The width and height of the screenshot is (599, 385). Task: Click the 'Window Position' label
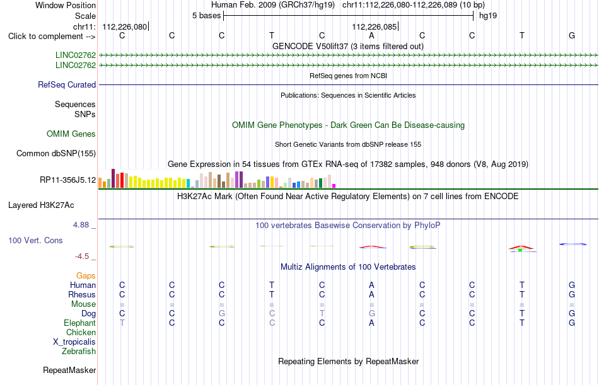[x=66, y=5]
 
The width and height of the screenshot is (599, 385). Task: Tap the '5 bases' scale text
[x=206, y=16]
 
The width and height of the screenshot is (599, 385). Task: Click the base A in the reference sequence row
[x=371, y=35]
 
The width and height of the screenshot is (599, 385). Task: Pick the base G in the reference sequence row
[x=572, y=35]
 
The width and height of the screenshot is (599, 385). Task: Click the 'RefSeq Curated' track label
[x=67, y=85]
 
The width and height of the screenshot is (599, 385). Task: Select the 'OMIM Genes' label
[x=71, y=134]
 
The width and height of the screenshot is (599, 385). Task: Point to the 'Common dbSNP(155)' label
[x=56, y=154]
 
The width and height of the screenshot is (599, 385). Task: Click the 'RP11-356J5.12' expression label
[x=68, y=180]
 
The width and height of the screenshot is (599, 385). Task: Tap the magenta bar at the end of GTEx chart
[x=334, y=186]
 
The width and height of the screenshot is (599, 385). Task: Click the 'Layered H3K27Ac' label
[x=41, y=205]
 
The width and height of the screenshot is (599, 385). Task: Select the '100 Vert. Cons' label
[x=35, y=241]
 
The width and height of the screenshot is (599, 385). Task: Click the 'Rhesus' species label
[x=82, y=294]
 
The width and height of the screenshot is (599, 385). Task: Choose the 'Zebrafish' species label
[x=79, y=352]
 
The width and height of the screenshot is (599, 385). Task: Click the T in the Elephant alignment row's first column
[x=122, y=323]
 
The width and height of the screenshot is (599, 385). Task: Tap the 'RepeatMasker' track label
[x=69, y=370]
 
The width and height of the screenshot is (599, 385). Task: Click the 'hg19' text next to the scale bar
[x=488, y=16]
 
